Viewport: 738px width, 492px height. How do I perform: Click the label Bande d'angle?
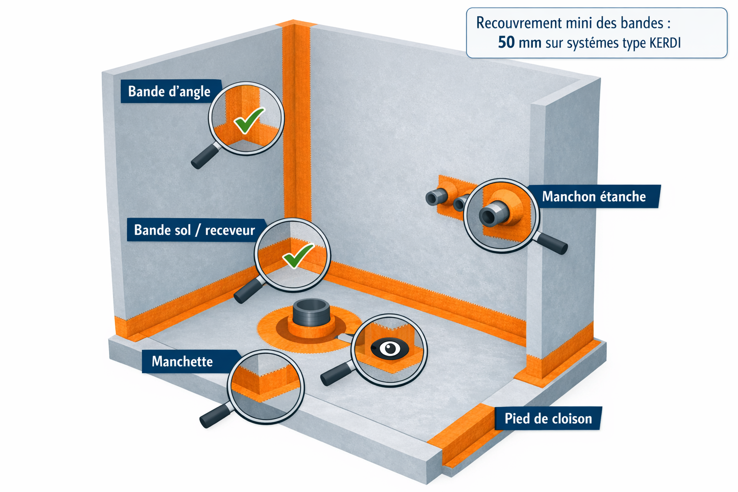pyautogui.click(x=169, y=91)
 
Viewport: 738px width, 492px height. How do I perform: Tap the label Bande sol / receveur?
pyautogui.click(x=194, y=230)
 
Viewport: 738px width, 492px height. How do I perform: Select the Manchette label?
pyautogui.click(x=182, y=361)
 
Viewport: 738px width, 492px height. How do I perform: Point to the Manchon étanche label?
pyautogui.click(x=594, y=197)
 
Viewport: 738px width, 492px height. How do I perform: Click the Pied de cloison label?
pyautogui.click(x=548, y=418)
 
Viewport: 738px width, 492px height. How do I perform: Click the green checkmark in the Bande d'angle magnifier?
pyautogui.click(x=249, y=120)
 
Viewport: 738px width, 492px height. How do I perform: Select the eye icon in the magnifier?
pyautogui.click(x=390, y=348)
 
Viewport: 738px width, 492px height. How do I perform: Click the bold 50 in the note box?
pyautogui.click(x=506, y=42)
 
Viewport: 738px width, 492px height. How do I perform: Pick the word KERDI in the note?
pyautogui.click(x=665, y=43)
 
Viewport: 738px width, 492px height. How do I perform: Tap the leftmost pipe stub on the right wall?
pyautogui.click(x=435, y=197)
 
